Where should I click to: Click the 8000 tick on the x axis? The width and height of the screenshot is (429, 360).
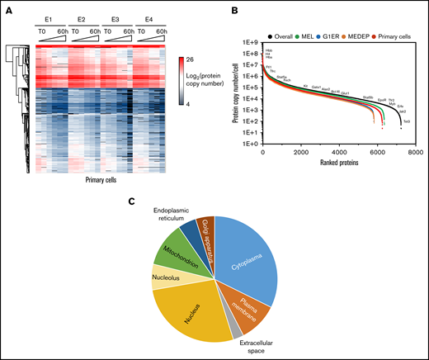416,153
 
